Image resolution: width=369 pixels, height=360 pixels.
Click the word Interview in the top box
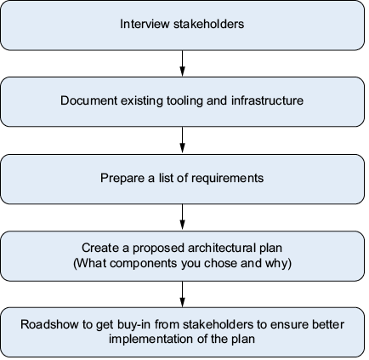pyautogui.click(x=145, y=24)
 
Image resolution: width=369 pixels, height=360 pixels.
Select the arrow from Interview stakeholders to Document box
pyautogui.click(x=183, y=64)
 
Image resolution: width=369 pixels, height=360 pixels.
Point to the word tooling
pyautogui.click(x=184, y=101)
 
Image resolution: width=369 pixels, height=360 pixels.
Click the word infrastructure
pyautogui.click(x=267, y=100)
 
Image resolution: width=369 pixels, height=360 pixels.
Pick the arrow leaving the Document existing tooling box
pyautogui.click(x=183, y=140)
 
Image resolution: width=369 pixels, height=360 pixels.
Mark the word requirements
pyautogui.click(x=227, y=179)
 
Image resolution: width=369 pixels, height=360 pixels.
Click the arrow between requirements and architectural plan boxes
pyautogui.click(x=183, y=217)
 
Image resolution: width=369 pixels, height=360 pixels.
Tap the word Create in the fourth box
pyautogui.click(x=100, y=248)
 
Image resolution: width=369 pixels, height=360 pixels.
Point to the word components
pyautogui.click(x=144, y=264)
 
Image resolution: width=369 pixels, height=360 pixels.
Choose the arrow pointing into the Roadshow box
pyautogui.click(x=183, y=294)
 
